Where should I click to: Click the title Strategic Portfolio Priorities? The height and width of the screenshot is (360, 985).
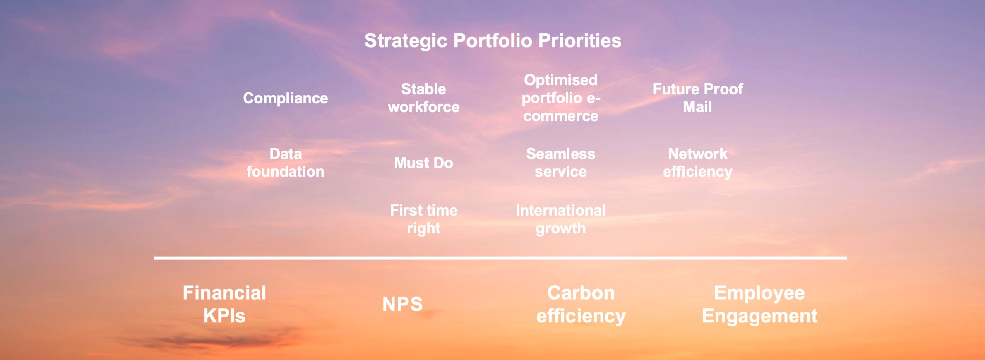pos(492,41)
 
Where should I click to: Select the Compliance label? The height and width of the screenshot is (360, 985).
pos(286,98)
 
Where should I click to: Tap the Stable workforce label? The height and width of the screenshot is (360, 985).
pos(424,98)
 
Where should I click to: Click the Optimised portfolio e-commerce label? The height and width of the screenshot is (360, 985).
pos(561,98)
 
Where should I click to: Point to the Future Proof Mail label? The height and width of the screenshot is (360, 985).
pos(698,98)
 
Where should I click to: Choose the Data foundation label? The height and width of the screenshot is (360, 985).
pos(286,163)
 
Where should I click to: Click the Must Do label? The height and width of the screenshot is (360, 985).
pos(424,163)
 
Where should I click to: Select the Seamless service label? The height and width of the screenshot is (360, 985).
pos(561,163)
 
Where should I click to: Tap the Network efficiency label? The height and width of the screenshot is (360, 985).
pos(698,163)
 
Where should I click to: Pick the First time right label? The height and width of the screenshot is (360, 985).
pos(424,220)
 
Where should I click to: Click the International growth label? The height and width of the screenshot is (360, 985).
pos(561,220)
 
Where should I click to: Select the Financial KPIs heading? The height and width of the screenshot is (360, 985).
pos(224,304)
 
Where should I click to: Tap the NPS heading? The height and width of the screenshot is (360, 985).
pos(403,304)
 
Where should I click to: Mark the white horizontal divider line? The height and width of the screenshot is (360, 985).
pos(500,258)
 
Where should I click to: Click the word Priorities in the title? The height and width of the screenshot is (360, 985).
pos(580,41)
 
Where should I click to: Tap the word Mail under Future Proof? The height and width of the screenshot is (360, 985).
pos(698,107)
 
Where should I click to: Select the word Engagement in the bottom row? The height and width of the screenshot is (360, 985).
pos(759,317)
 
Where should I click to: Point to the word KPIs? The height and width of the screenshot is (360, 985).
pos(224,316)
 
